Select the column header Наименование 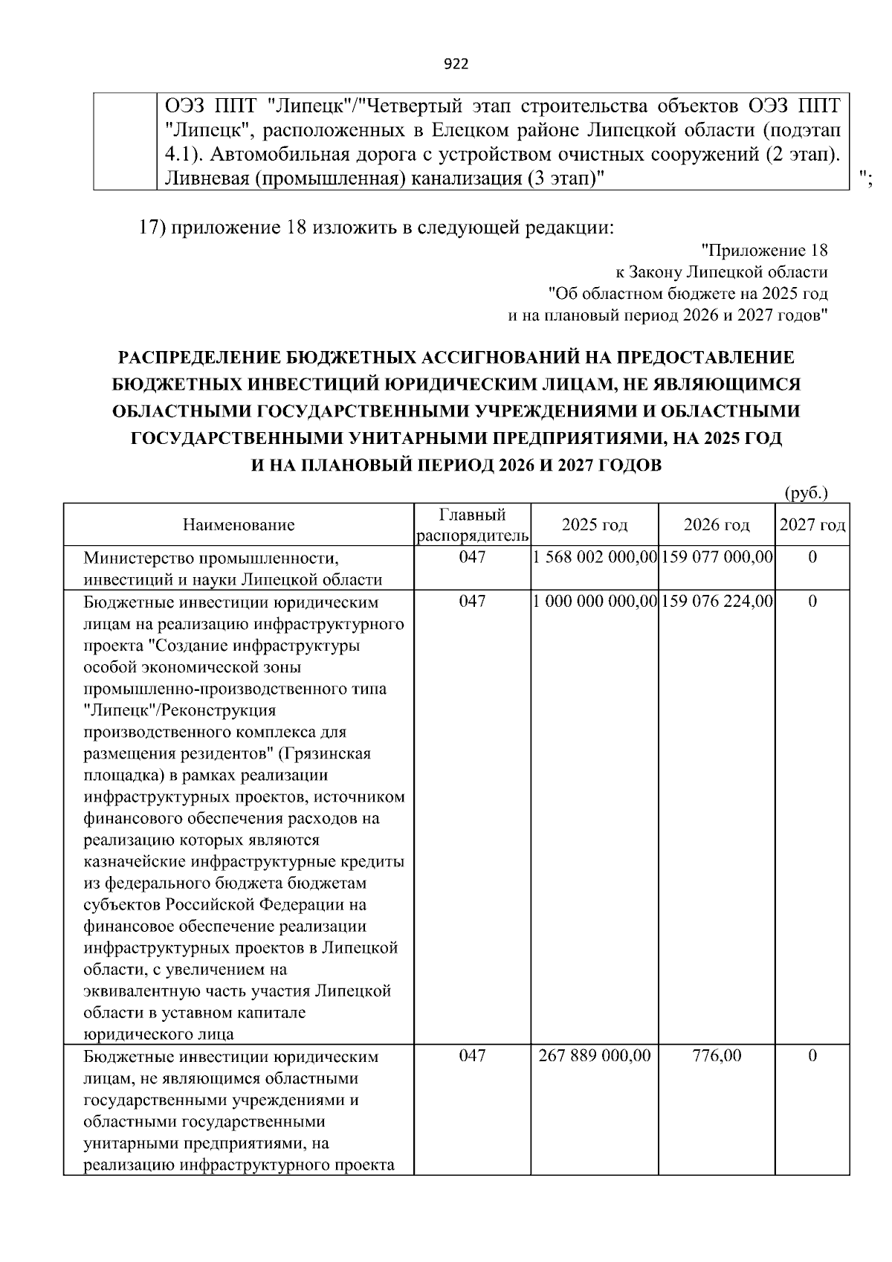pos(239,525)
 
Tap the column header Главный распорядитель pos(473,525)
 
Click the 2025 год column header pos(595,525)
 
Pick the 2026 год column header pos(717,525)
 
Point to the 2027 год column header pos(812,525)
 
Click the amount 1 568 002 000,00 pos(595,557)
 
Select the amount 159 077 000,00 pos(717,557)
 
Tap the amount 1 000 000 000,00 pos(595,601)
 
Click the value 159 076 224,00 pos(717,601)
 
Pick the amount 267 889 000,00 pos(595,1056)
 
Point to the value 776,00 pos(717,1056)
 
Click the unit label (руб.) pos(807,493)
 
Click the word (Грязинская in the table pos(325,753)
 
